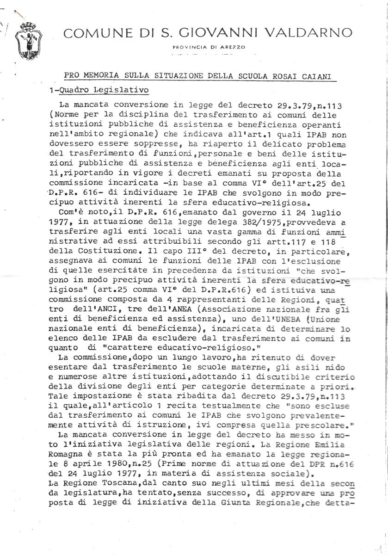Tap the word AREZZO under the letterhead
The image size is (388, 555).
(x=234, y=47)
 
